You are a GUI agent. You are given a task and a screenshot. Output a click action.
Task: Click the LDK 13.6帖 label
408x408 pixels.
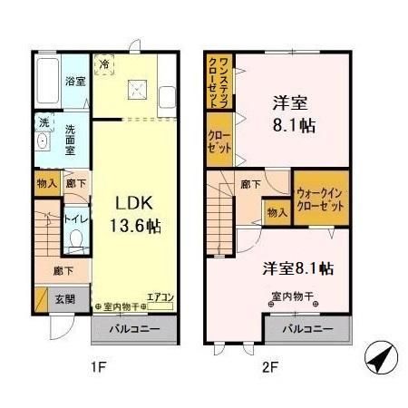point(137,213)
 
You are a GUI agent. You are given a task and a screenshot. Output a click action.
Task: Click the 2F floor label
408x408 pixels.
point(269,367)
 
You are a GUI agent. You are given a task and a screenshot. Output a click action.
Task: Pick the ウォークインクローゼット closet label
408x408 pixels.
point(320,200)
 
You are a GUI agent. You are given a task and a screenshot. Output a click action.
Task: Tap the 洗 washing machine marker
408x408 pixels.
point(43,121)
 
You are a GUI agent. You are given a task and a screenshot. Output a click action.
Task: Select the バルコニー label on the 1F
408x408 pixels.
point(136,328)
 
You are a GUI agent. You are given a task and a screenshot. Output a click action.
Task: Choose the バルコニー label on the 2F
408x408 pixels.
point(306,328)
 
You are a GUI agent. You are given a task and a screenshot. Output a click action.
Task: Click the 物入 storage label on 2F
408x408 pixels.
point(277,212)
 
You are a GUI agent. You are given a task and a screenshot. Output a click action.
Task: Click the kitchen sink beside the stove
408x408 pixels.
point(167,97)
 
